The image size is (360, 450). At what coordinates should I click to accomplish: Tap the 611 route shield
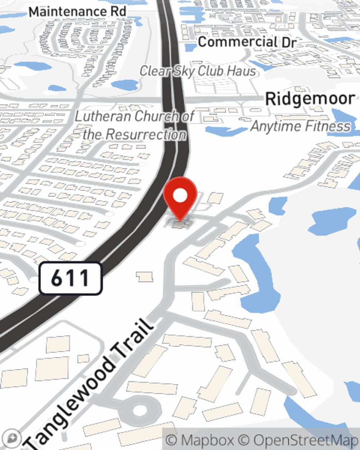[71, 278]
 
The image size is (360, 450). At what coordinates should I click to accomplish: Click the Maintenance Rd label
[77, 12]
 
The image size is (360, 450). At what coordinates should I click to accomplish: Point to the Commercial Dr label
[247, 42]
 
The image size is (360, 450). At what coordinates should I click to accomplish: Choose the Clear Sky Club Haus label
[198, 71]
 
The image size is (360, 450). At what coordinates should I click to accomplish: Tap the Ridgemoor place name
[310, 99]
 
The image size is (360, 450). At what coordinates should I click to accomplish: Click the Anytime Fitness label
[300, 126]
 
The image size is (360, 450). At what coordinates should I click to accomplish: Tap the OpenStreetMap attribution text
[306, 440]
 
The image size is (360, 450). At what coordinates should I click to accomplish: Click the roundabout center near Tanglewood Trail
[139, 410]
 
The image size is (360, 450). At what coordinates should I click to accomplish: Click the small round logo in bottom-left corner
[12, 438]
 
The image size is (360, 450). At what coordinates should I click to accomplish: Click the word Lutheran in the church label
[103, 116]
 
